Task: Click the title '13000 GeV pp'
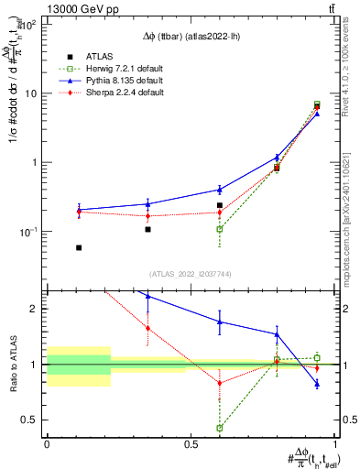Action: tap(39, 8)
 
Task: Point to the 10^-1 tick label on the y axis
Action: tap(30, 232)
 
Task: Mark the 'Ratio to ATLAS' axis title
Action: tap(12, 365)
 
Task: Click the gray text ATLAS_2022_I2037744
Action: tap(191, 274)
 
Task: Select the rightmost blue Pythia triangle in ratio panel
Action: tap(317, 384)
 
